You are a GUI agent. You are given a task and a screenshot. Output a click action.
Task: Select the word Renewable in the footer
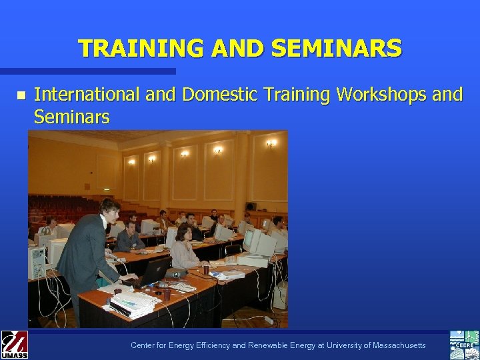coord(258,345)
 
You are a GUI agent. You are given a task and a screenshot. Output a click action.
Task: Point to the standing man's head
coord(110,209)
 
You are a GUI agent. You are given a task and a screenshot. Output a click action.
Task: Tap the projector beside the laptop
coord(175,273)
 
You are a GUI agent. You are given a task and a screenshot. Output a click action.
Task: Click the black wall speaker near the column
coord(251,207)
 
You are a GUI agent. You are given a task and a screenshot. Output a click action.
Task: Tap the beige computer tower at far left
coord(37,263)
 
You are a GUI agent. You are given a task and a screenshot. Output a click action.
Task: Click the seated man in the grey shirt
coord(129,237)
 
